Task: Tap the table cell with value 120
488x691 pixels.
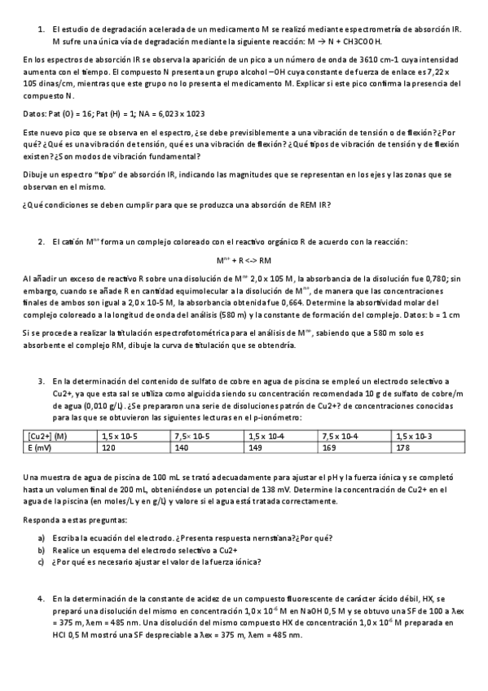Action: [x=108, y=447]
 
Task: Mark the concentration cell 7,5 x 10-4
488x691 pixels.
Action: [x=341, y=437]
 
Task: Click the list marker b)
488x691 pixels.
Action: [x=42, y=551]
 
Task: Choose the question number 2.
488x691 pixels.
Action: [x=42, y=243]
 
